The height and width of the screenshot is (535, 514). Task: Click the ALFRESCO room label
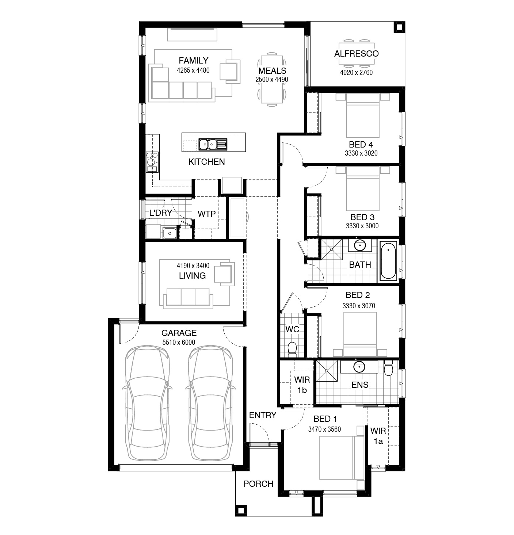pyautogui.click(x=357, y=54)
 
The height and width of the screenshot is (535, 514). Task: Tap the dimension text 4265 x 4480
pyautogui.click(x=193, y=70)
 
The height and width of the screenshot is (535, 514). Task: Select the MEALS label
pyautogui.click(x=272, y=71)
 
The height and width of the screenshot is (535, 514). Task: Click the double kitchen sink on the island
pyautogui.click(x=213, y=144)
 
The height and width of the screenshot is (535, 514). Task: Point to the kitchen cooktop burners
pyautogui.click(x=152, y=162)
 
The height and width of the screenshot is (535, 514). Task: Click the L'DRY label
pyautogui.click(x=161, y=213)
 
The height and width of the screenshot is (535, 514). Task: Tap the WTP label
pyautogui.click(x=206, y=214)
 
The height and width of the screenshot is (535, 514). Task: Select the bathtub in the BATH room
pyautogui.click(x=388, y=261)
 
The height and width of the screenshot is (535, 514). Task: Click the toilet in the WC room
pyautogui.click(x=292, y=349)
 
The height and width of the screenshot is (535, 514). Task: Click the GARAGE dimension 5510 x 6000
pyautogui.click(x=179, y=342)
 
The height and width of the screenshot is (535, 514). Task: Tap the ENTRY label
pyautogui.click(x=263, y=415)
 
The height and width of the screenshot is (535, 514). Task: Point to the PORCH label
pyautogui.click(x=259, y=484)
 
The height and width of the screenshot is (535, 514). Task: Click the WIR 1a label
pyautogui.click(x=378, y=436)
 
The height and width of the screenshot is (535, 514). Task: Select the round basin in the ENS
pyautogui.click(x=359, y=367)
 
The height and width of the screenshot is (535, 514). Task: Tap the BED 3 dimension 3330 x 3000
pyautogui.click(x=362, y=226)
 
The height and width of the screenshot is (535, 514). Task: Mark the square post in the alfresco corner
pyautogui.click(x=399, y=27)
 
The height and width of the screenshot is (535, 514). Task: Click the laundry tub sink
pyautogui.click(x=170, y=233)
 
